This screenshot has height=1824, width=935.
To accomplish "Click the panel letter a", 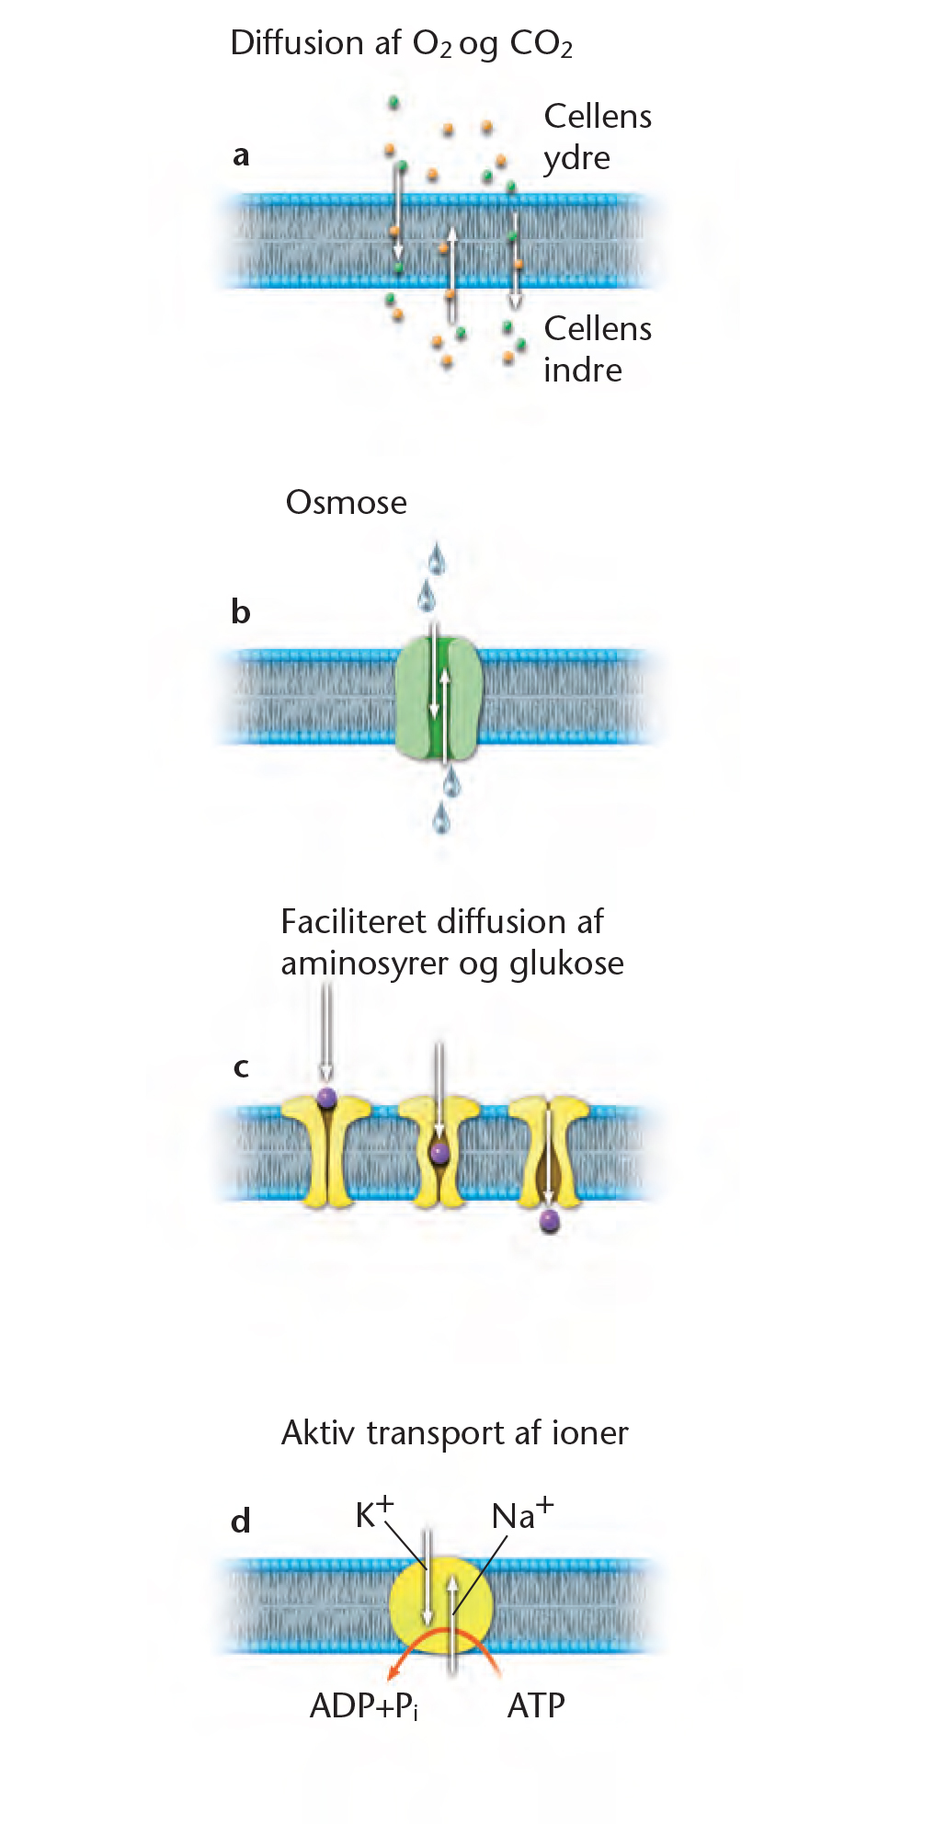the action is (241, 155).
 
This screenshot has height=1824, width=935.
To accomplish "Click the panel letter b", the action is (241, 611).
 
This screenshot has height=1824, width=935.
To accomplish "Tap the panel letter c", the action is (241, 1067).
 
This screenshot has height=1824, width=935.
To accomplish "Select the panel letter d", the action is (241, 1521).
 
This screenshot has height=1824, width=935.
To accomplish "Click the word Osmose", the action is (347, 502).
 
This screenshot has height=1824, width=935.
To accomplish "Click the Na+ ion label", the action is (522, 1514).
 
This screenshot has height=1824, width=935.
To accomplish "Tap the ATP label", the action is (536, 1705).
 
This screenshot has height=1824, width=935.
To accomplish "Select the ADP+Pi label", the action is (364, 1706).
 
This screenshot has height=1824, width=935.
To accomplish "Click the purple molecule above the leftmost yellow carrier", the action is (326, 1098).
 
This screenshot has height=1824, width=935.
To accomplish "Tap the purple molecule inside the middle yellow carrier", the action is (440, 1152).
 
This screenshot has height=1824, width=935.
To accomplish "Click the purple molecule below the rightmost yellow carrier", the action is (550, 1221).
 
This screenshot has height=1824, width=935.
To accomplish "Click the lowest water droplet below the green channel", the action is (442, 817).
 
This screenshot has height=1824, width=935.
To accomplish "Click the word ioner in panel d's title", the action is (590, 1432).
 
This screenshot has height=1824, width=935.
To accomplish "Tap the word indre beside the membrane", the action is (583, 370).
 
